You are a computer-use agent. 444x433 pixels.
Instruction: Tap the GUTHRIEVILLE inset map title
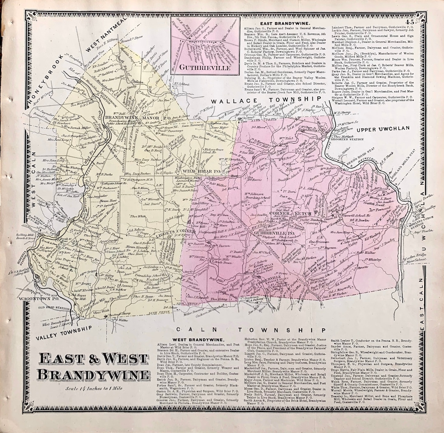pyautogui.click(x=205, y=68)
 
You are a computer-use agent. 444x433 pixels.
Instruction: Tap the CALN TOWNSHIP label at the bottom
pyautogui.click(x=250, y=330)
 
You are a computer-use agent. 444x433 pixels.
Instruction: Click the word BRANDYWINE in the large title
pyautogui.click(x=88, y=374)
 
